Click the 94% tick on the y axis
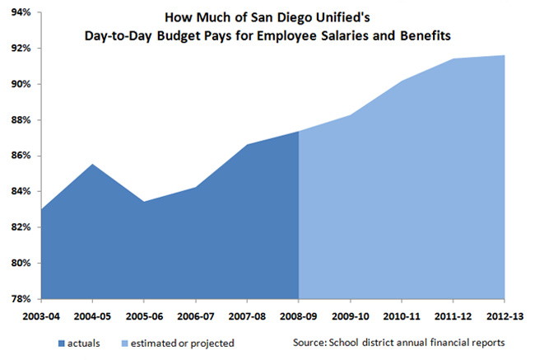20,12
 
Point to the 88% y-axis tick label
20,120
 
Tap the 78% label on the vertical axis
20,299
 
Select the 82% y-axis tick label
20,227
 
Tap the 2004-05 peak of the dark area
92,165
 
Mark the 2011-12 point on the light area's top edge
452,59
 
